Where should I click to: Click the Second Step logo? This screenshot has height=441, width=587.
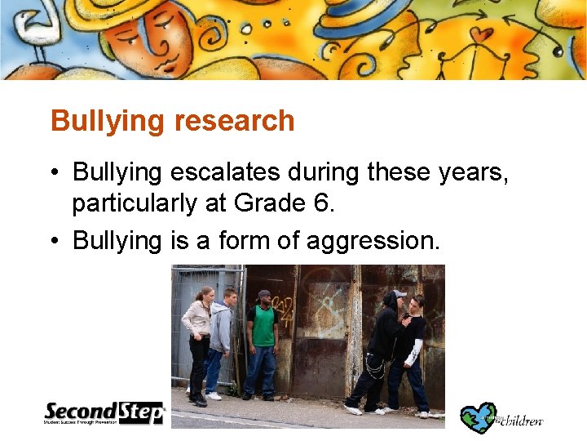104,412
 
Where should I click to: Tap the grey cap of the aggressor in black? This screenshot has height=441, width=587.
397,294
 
